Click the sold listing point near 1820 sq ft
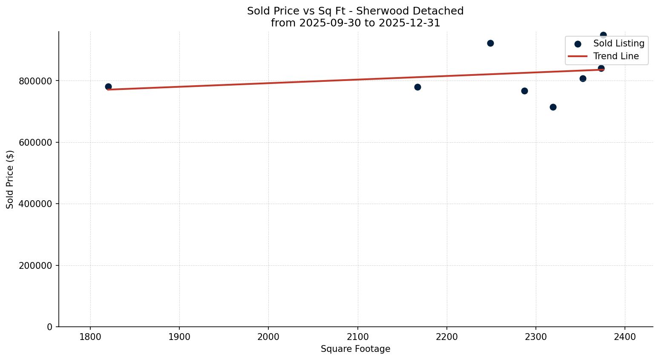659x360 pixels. click(108, 86)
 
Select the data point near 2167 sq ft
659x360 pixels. click(417, 87)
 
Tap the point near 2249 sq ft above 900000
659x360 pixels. click(490, 43)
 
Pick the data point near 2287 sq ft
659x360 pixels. click(524, 91)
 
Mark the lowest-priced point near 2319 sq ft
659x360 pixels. click(553, 107)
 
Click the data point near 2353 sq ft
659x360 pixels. click(583, 78)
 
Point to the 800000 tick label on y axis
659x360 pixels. click(35, 81)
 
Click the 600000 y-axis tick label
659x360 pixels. click(35, 142)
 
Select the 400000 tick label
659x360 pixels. click(35, 204)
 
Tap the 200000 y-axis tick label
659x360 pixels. click(35, 265)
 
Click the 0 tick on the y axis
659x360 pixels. click(50, 327)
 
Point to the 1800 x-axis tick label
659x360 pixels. click(90, 337)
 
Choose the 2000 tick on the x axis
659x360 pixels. click(268, 337)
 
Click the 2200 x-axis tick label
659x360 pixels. click(447, 337)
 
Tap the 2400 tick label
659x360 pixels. click(625, 337)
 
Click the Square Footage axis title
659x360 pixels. click(355, 349)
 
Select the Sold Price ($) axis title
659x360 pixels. click(10, 179)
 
